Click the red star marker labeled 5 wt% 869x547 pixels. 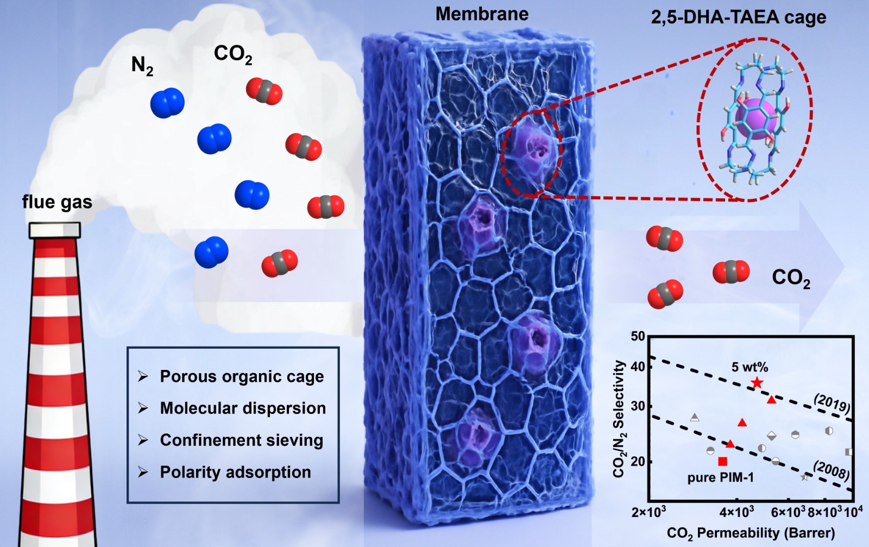click(x=757, y=383)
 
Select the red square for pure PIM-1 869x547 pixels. click(x=722, y=461)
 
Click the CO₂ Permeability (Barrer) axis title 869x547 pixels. click(x=751, y=533)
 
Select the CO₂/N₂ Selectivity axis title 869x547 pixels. click(x=620, y=419)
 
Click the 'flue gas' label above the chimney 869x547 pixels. click(x=57, y=202)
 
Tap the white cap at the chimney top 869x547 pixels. click(x=55, y=230)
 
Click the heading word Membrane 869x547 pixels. click(x=482, y=14)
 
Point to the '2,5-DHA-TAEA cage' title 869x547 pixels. click(x=738, y=17)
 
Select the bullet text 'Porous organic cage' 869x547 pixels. click(x=242, y=377)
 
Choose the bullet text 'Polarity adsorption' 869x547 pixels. click(x=236, y=472)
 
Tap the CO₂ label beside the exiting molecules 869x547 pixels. click(x=791, y=279)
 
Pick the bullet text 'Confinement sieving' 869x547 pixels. click(x=241, y=441)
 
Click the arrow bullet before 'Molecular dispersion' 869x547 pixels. click(x=143, y=408)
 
